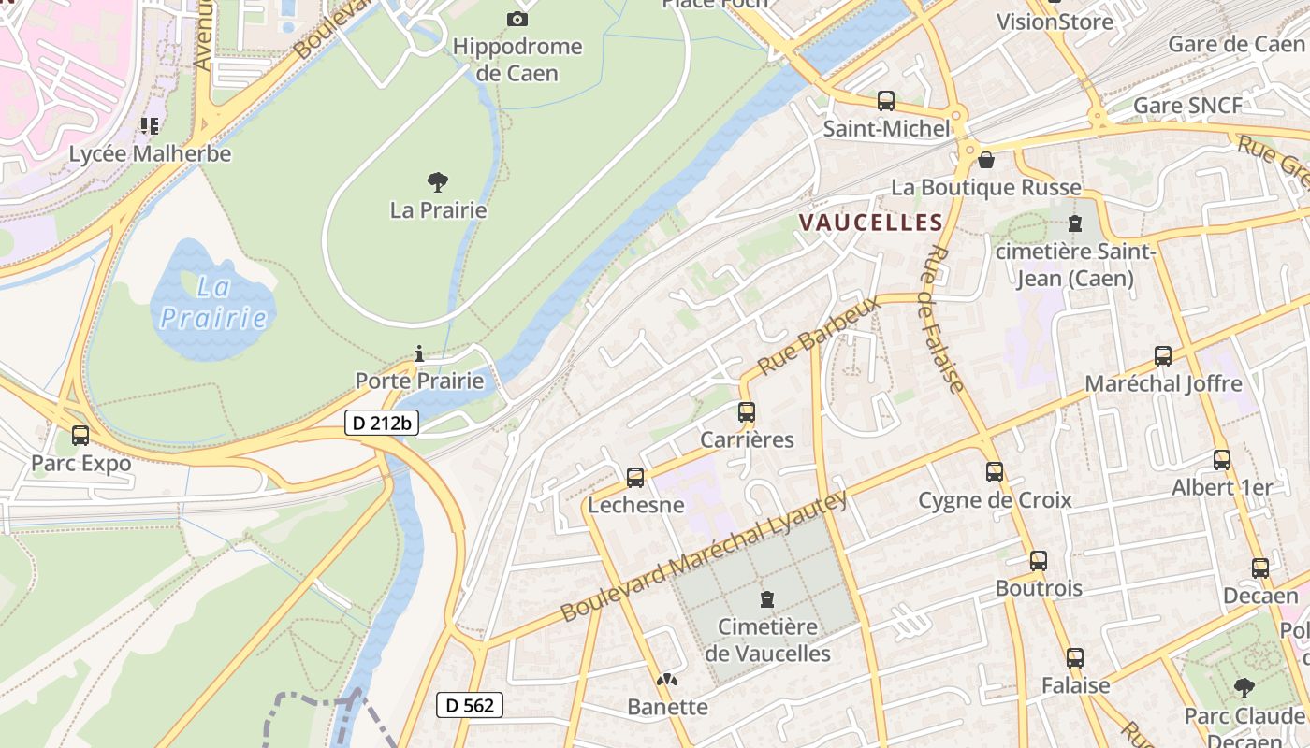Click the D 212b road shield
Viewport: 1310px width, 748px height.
point(382,424)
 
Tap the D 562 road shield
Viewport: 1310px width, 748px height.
point(470,705)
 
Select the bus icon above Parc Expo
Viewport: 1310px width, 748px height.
point(80,436)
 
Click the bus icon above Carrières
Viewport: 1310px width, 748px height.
point(746,412)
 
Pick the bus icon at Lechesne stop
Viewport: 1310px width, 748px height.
point(635,478)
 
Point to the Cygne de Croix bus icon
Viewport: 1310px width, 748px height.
point(995,472)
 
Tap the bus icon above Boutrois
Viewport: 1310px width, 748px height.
point(1039,561)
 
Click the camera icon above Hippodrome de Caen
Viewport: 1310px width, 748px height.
point(517,19)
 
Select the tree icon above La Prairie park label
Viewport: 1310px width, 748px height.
point(437,182)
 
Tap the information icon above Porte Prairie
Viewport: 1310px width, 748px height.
point(419,353)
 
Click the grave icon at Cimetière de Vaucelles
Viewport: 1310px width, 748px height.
point(767,598)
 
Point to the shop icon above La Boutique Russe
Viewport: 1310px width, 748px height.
point(985,160)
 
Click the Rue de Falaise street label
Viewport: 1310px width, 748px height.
point(942,319)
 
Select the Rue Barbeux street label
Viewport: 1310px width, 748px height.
point(820,336)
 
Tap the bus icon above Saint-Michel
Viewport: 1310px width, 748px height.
point(885,101)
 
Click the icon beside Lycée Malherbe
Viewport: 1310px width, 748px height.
point(149,125)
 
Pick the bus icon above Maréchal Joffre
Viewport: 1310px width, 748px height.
point(1163,356)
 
